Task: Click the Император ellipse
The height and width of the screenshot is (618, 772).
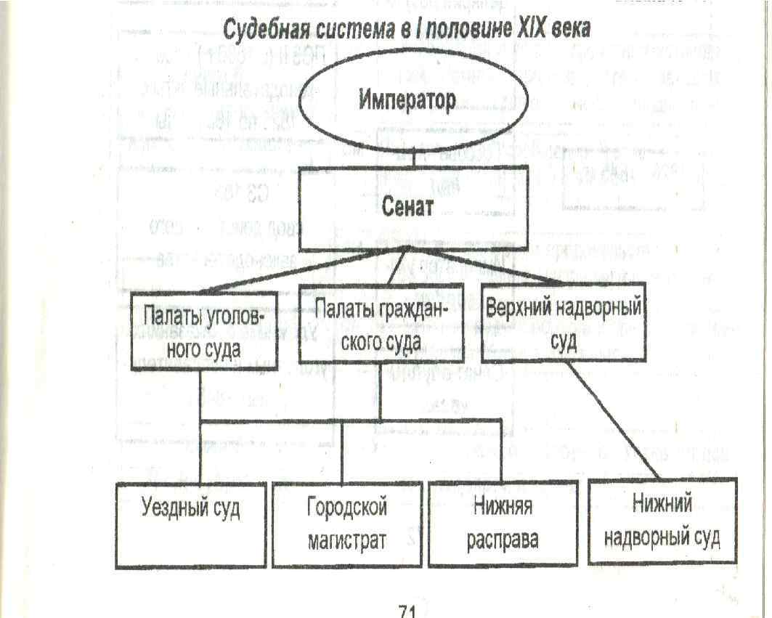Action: [407, 101]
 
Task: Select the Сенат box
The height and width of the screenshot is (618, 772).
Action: [407, 207]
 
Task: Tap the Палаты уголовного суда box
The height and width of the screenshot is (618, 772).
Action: [203, 333]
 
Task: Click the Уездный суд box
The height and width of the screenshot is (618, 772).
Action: [191, 524]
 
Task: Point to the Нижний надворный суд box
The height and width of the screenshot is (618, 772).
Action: [662, 520]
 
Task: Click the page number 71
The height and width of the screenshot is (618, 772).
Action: [407, 610]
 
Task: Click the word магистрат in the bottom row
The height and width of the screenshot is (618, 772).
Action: [346, 540]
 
